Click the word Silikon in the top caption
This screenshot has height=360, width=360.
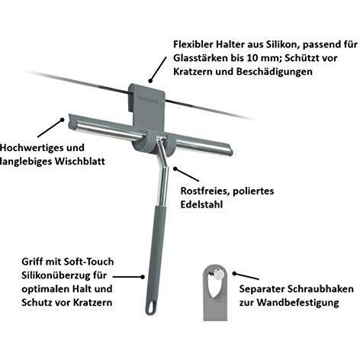pyautogui.click(x=282, y=44)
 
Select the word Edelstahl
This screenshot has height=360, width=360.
pyautogui.click(x=201, y=204)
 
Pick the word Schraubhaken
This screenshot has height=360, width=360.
pyautogui.click(x=321, y=289)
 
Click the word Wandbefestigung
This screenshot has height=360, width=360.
pyautogui.click(x=297, y=303)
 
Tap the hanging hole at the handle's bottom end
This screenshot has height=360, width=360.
pyautogui.click(x=152, y=307)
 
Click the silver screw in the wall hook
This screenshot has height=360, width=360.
pyautogui.click(x=217, y=274)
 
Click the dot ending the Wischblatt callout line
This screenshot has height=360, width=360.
pyautogui.click(x=62, y=120)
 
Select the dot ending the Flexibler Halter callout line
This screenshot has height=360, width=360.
pyautogui.click(x=150, y=81)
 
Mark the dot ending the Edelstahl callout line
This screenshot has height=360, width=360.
pyautogui.click(x=175, y=169)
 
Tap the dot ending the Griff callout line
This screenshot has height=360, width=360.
pyautogui.click(x=143, y=277)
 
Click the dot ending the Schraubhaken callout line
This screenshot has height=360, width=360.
pyautogui.click(x=235, y=274)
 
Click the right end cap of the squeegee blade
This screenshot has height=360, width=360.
pyautogui.click(x=230, y=150)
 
